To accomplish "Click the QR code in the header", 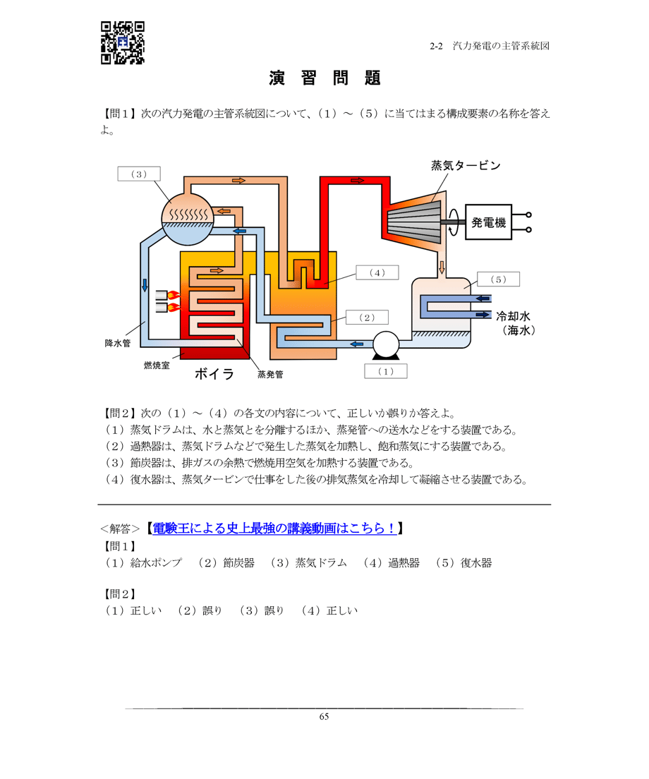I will click(x=123, y=42).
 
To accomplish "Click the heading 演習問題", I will click(x=324, y=78).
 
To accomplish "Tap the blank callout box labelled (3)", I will click(x=138, y=174).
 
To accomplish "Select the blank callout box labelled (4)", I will click(x=377, y=272).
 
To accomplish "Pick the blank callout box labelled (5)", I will click(x=498, y=279).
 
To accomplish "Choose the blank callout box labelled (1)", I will click(x=385, y=371).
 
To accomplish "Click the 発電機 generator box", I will click(x=489, y=223).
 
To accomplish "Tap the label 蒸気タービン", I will click(x=466, y=166).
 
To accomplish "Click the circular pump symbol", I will click(x=386, y=344).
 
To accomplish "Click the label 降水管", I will click(x=118, y=344).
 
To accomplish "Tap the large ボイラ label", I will click(x=214, y=374).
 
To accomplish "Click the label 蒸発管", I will click(x=270, y=375).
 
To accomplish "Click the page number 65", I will click(x=324, y=717).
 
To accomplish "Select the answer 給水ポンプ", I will click(x=156, y=563).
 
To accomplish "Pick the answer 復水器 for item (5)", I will click(x=476, y=563).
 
